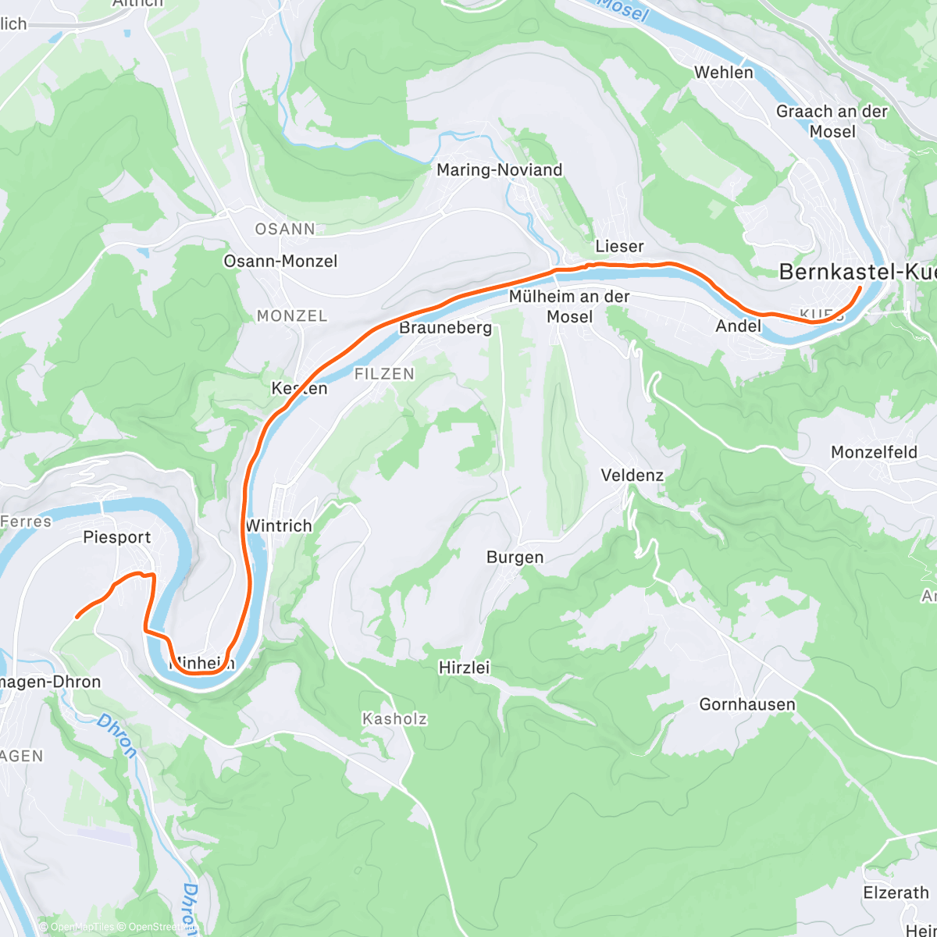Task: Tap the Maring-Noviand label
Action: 499,170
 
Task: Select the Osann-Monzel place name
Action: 280,261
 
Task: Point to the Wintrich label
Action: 279,526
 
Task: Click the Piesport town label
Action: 117,537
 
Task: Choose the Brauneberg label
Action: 445,327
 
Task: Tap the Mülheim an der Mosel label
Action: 569,306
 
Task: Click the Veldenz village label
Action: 632,475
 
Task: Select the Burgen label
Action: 515,557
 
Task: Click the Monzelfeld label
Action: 874,452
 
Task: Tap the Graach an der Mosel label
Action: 832,121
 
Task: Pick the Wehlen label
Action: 724,73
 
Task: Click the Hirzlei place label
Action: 464,668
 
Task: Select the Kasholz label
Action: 394,718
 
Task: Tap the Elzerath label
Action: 896,892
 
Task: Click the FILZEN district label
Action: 384,374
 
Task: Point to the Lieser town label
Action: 619,246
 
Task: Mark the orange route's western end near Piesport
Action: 77,617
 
